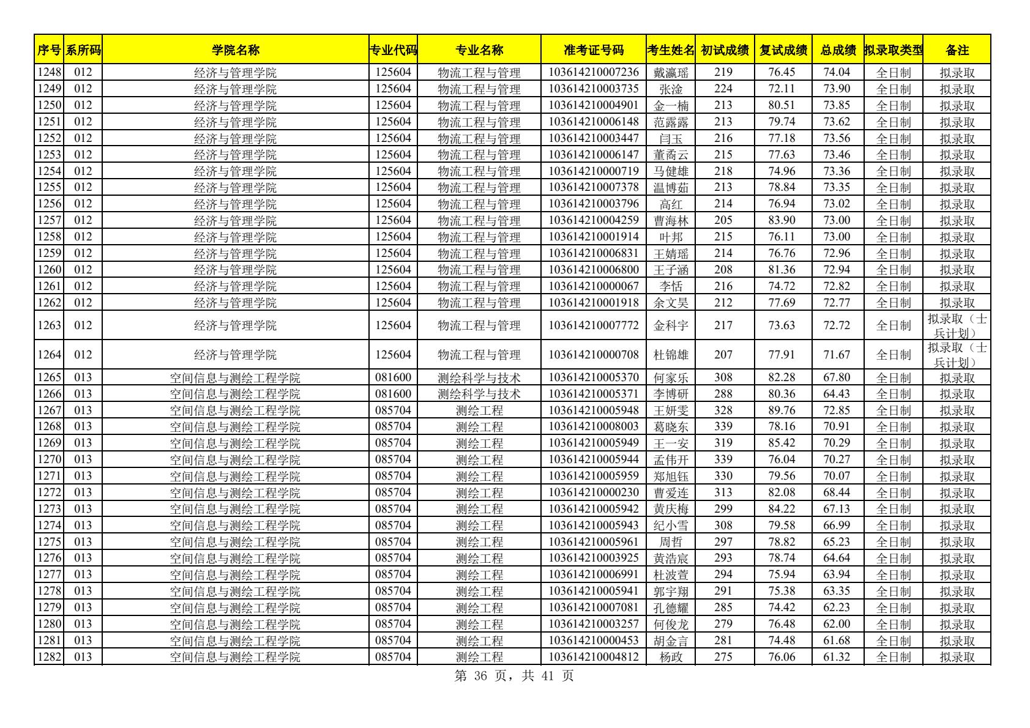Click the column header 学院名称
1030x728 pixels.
235,50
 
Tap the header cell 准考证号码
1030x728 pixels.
593,50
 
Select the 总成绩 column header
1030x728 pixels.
838,50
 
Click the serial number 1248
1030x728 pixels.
49,73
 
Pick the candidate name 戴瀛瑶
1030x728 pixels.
671,73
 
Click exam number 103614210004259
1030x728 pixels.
593,221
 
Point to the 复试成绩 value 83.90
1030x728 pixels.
782,221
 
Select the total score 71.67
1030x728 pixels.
837,355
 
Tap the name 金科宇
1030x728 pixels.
671,325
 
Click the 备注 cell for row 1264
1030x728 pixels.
957,355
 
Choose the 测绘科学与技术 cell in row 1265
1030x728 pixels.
479,378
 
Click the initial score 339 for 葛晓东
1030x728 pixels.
723,427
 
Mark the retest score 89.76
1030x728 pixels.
782,410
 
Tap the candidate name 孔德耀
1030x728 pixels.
671,608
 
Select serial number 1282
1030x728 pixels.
49,658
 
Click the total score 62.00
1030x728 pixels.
837,625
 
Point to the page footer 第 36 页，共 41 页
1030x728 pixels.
515,676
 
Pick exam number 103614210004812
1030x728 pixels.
593,658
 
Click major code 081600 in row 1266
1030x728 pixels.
393,395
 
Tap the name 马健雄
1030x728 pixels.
671,171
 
